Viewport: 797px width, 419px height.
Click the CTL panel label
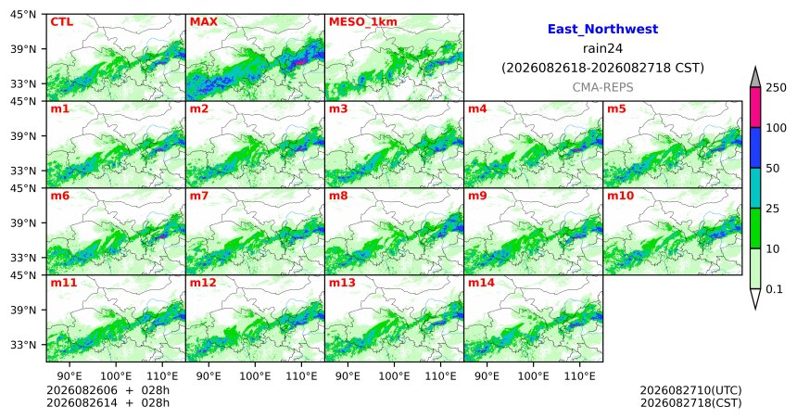pos(61,22)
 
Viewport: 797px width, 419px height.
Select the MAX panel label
pos(203,22)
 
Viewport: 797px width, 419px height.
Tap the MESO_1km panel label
pos(363,22)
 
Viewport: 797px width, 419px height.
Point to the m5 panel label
pos(616,108)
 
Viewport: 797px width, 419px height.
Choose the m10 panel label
pos(620,196)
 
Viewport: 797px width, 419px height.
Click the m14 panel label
pos(481,283)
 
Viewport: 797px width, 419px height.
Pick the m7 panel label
pos(199,196)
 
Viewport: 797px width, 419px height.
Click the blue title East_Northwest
pos(602,30)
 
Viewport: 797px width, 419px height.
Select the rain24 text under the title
pos(602,48)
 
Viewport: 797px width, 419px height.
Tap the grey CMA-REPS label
pos(602,87)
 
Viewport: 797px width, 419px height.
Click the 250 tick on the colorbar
pos(777,88)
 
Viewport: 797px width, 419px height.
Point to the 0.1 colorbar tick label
pos(774,289)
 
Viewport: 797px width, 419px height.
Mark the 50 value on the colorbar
pos(773,169)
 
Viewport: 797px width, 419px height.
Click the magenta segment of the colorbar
pos(754,108)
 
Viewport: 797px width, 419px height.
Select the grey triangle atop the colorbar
pos(754,77)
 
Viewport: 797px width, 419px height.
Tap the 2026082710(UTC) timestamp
pos(690,390)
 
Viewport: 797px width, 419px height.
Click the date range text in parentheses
pos(602,68)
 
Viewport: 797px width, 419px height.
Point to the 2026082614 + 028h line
pos(108,403)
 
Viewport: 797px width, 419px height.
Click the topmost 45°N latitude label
pos(23,14)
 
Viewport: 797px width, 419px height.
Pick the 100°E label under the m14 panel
pos(533,376)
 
